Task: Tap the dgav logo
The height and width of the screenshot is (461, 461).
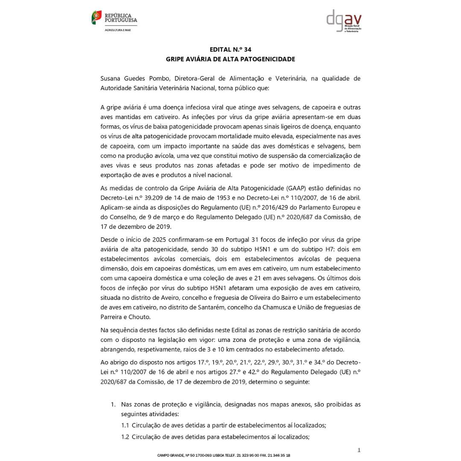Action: click(344, 21)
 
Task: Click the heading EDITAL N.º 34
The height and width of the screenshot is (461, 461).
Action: click(230, 50)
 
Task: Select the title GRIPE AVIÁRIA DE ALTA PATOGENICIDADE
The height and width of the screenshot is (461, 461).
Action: click(230, 59)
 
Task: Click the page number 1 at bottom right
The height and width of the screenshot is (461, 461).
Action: click(359, 450)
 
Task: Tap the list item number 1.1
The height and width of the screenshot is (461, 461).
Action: click(125, 425)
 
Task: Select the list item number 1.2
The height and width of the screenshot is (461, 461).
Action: click(125, 437)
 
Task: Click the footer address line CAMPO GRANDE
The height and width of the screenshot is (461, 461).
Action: click(224, 455)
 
